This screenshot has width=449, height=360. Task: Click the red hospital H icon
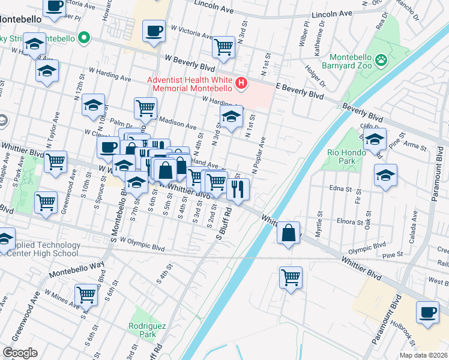(241, 83)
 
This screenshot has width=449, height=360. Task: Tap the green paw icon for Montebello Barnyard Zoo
(380, 59)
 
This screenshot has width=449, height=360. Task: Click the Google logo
(20, 353)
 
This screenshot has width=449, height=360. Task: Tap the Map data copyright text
(424, 355)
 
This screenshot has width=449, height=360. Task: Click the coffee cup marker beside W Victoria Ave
(154, 30)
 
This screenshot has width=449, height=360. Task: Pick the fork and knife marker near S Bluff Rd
(238, 188)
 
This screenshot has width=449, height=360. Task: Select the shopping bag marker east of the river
(289, 232)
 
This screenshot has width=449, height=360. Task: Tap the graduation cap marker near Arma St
(374, 140)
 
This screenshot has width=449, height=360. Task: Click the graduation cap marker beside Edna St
(385, 175)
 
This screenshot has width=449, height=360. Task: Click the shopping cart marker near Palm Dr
(145, 108)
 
